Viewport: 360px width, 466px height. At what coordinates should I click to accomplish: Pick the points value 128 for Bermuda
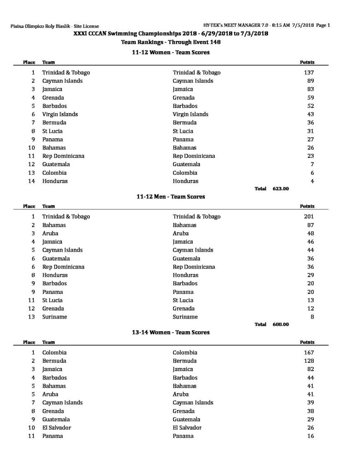coord(309,361)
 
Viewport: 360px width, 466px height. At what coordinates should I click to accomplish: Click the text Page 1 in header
coord(322,25)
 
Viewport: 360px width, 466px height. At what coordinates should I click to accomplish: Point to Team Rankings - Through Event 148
coord(171,42)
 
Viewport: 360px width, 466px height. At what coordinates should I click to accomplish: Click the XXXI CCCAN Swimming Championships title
coord(171,34)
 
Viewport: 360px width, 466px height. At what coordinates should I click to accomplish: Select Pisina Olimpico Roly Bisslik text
coord(55,26)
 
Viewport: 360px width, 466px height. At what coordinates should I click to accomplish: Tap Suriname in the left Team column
coord(55,317)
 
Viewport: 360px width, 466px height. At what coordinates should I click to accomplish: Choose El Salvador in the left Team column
coord(56,428)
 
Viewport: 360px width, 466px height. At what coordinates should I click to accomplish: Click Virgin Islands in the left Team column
coord(60,114)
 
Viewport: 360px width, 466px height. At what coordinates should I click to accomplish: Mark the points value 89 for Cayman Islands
coord(311,81)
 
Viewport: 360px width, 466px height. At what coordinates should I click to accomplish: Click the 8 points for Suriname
coord(312,317)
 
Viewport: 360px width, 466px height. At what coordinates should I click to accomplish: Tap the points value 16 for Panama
coord(311,436)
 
